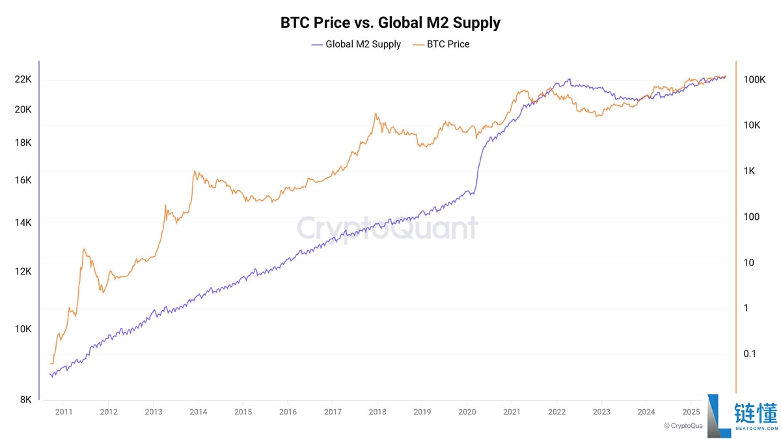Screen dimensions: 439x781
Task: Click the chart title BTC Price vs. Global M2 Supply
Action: coord(390,23)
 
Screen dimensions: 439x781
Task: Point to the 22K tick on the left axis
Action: coord(23,79)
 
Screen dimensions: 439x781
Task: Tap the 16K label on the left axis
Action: coord(23,180)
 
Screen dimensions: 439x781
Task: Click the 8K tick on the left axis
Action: coord(25,400)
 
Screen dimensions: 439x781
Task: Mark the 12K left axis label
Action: coord(23,272)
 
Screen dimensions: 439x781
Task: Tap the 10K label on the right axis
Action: coord(752,125)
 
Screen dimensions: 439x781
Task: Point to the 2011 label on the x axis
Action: coord(64,412)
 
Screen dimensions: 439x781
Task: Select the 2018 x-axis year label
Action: coord(377,412)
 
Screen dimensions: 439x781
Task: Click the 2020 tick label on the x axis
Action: coord(467,412)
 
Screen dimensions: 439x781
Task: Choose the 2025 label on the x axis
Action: coord(691,412)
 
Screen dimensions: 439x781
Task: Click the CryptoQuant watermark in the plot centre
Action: coord(387,228)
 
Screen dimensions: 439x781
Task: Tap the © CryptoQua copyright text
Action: coord(683,426)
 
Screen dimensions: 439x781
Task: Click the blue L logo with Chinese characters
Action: coord(742,415)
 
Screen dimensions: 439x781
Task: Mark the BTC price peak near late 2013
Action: coord(195,172)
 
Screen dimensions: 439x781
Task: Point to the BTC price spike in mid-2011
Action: coord(84,249)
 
